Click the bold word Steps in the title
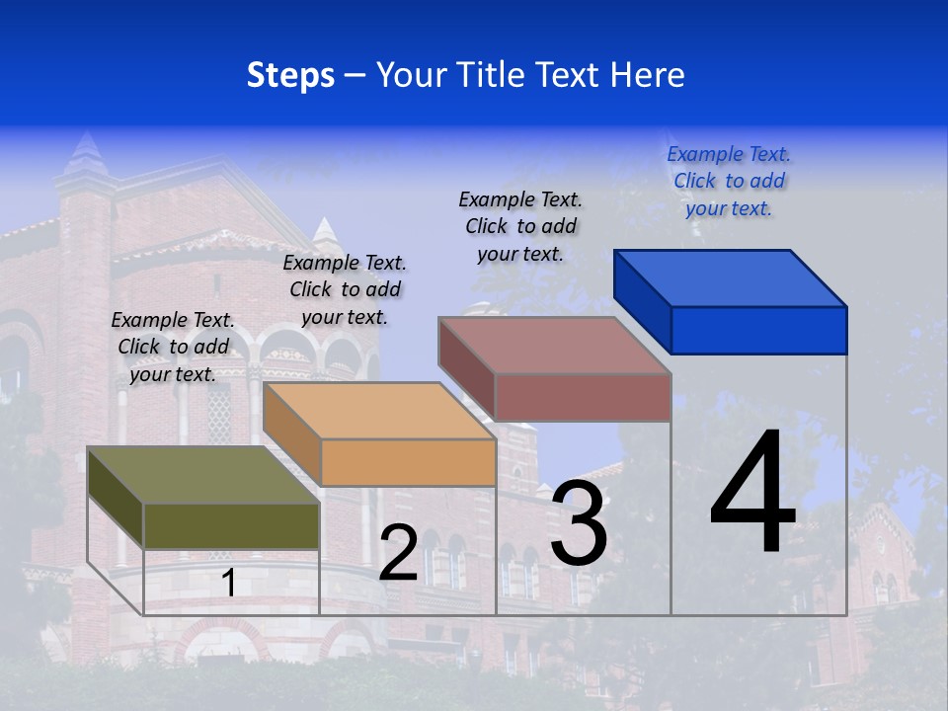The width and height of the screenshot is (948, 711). coord(290,75)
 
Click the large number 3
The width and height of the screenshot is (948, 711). coord(579,522)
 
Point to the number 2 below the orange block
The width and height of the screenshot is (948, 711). coord(398,553)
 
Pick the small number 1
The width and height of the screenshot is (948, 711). coord(228,584)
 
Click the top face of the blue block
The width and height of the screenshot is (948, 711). coord(730,277)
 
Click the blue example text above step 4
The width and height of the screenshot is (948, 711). coord(729,181)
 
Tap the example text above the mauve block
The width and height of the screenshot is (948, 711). coord(520,226)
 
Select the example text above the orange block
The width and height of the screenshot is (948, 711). coord(345,289)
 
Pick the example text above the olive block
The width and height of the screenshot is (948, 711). coord(173,347)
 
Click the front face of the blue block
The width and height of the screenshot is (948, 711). coord(758,330)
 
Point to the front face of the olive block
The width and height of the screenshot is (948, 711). coord(231,525)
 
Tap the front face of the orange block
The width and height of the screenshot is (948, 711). coord(408,462)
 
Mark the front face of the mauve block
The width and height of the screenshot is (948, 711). coord(583,397)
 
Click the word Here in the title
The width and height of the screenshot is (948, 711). coord(648,75)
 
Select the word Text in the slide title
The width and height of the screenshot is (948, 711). coord(573,75)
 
